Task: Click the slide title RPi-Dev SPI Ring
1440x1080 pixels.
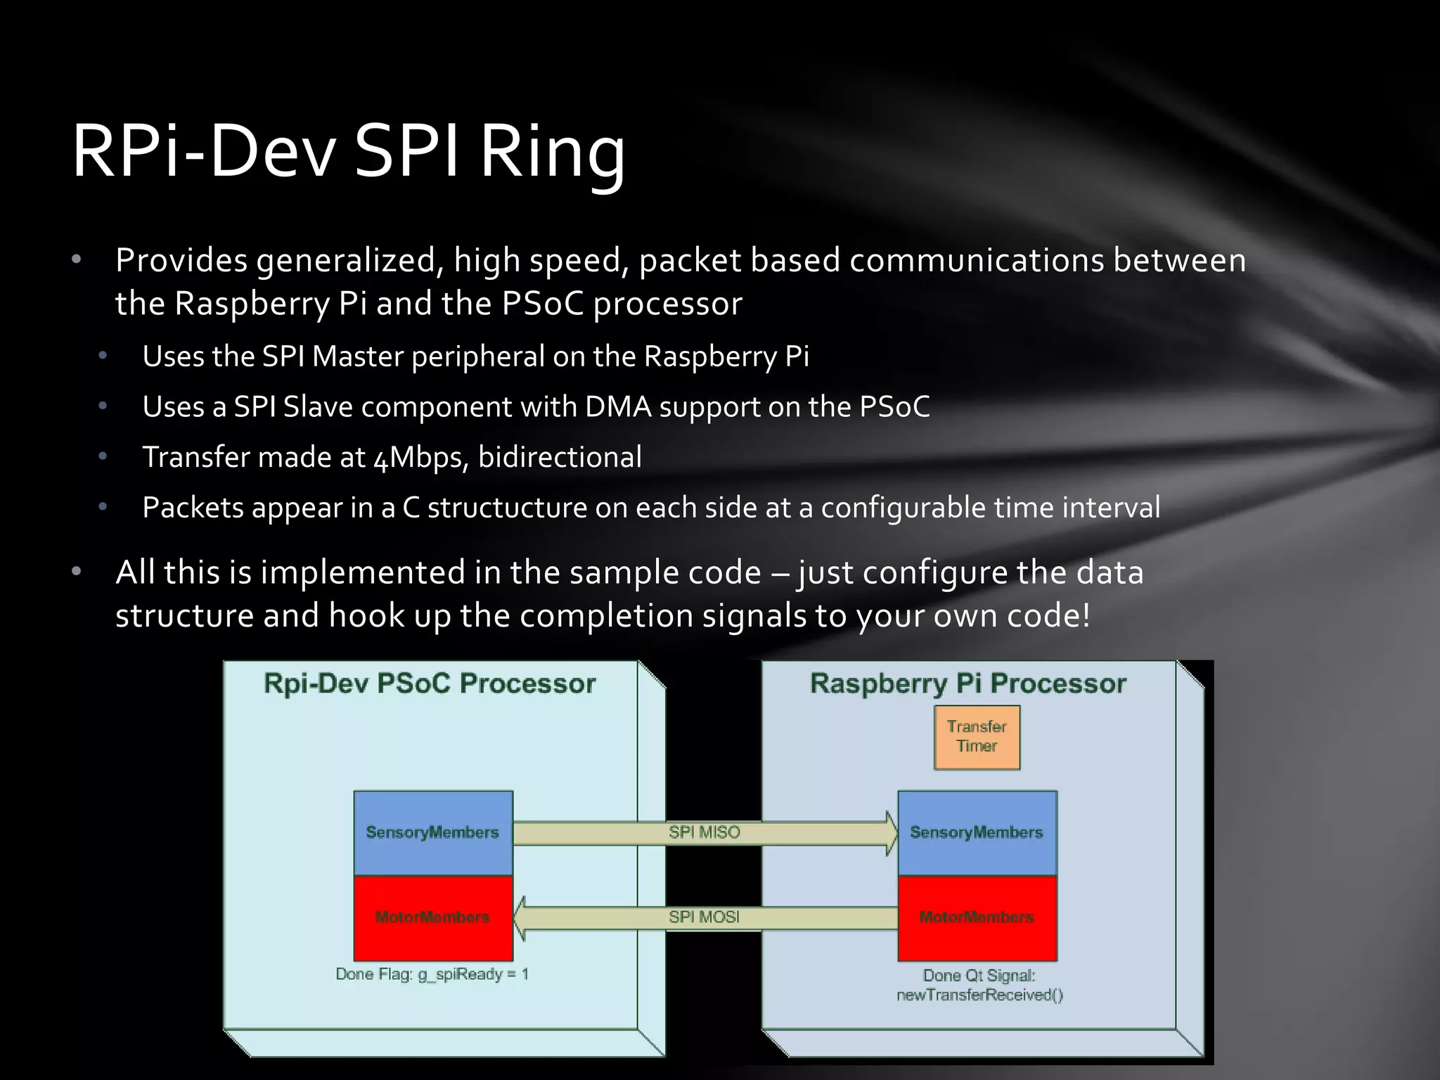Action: pyautogui.click(x=348, y=152)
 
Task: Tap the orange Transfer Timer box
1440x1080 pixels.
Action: pyautogui.click(x=977, y=737)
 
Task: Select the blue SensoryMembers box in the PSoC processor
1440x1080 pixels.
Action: pyautogui.click(x=432, y=832)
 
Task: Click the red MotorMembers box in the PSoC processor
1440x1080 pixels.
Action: pyautogui.click(x=432, y=917)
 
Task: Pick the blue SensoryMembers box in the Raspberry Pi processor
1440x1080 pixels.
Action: pyautogui.click(x=977, y=832)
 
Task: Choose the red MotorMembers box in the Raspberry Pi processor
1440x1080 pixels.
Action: pyautogui.click(x=977, y=917)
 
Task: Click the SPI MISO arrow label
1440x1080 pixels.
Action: pyautogui.click(x=704, y=832)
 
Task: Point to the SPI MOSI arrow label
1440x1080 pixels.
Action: pyautogui.click(x=704, y=917)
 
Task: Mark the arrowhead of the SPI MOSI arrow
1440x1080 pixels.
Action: pyautogui.click(x=521, y=918)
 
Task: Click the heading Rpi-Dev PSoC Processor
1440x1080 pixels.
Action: pyautogui.click(x=430, y=684)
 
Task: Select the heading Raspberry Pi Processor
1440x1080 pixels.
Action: pyautogui.click(x=968, y=684)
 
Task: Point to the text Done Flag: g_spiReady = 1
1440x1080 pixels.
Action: pyautogui.click(x=432, y=974)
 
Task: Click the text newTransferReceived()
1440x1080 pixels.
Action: pyautogui.click(x=979, y=994)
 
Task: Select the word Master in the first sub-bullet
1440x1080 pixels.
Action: pyautogui.click(x=357, y=356)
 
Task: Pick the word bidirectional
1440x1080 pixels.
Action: pyautogui.click(x=560, y=458)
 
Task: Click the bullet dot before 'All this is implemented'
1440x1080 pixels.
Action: pyautogui.click(x=77, y=572)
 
